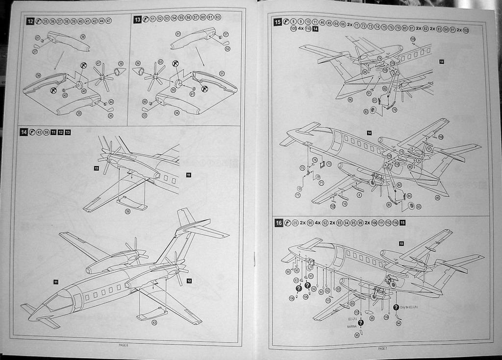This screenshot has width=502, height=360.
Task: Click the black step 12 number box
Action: point(30,21)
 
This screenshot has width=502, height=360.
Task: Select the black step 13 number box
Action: point(138,19)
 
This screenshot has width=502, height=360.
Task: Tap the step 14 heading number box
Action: point(24,132)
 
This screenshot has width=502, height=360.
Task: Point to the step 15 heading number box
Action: point(277,22)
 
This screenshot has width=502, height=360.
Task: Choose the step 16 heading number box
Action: point(278,223)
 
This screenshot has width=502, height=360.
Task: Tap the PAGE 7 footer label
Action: point(382,348)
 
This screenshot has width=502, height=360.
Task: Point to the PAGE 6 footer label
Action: point(124,345)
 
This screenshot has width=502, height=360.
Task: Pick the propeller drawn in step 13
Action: point(155,75)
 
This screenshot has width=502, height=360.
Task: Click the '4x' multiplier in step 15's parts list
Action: point(301,29)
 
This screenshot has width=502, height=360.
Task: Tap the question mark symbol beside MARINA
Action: point(360,323)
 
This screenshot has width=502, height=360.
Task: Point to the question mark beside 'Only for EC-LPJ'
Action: point(396,307)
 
